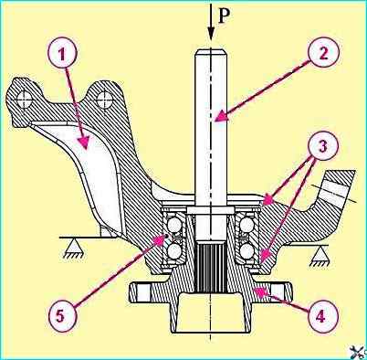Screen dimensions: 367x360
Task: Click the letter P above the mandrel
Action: tap(224, 16)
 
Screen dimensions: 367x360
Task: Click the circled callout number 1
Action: tap(62, 55)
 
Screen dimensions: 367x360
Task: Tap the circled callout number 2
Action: tap(323, 54)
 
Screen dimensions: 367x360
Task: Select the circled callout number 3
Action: tap(323, 145)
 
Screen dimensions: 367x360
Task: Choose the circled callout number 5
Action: tap(61, 315)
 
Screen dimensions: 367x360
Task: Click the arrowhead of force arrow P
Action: tap(211, 34)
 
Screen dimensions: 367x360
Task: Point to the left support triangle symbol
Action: tap(73, 248)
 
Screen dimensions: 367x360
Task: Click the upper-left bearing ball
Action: tap(174, 226)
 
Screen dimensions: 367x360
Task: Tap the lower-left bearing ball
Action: tap(174, 251)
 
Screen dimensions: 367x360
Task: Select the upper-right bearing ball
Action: tap(246, 226)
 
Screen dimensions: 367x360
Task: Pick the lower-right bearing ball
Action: tap(246, 251)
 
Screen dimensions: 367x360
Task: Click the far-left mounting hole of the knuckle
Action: tap(25, 99)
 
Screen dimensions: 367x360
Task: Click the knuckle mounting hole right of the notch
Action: tap(103, 99)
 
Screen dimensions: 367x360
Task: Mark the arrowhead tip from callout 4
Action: tap(255, 289)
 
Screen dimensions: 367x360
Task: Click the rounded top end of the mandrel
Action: tap(210, 52)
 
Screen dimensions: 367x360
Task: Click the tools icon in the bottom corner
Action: tap(358, 352)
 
